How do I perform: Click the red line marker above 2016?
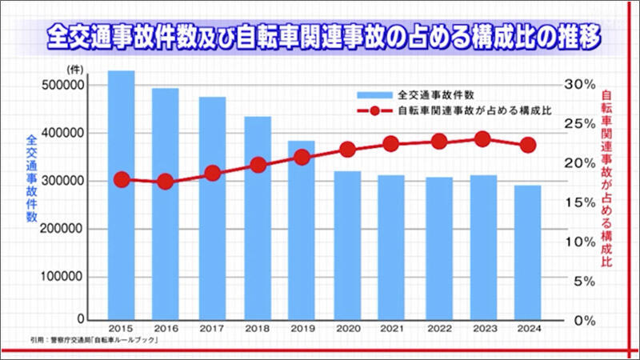tap(166, 182)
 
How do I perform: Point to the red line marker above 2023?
tap(482, 138)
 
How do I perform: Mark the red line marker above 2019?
tap(302, 157)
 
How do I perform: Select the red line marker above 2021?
tap(391, 144)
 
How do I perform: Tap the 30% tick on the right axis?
tap(578, 84)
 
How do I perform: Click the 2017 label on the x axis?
tap(211, 328)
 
